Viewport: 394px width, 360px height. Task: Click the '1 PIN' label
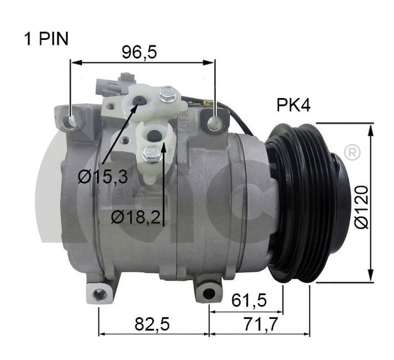tap(46, 39)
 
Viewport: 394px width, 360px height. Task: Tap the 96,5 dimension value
tap(139, 52)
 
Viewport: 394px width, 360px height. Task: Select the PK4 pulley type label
tap(293, 105)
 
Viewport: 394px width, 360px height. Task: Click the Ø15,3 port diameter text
tap(103, 176)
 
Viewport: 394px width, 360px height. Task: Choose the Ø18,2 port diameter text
tap(136, 217)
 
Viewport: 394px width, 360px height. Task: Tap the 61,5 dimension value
tap(249, 300)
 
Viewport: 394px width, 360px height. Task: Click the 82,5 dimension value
tap(152, 324)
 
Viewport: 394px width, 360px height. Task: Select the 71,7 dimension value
tap(261, 324)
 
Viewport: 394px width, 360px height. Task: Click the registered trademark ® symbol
tap(351, 152)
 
